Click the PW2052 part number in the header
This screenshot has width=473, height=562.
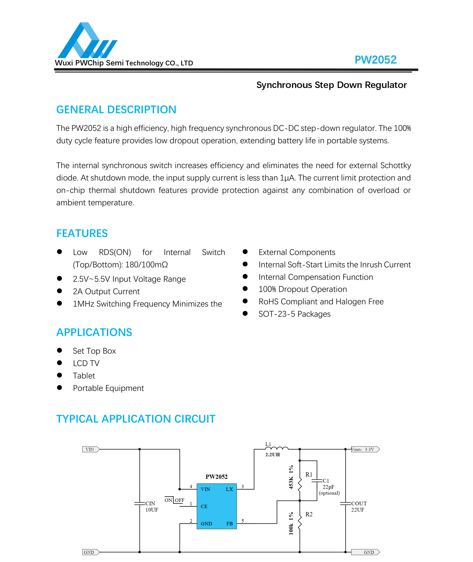click(375, 60)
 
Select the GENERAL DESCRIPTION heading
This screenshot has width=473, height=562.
click(116, 110)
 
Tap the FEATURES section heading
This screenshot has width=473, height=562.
click(82, 233)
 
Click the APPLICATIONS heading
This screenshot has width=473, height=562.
click(94, 332)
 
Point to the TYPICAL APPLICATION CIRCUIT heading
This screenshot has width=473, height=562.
click(136, 419)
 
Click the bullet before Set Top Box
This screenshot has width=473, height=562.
click(60, 351)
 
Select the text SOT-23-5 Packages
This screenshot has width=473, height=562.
click(294, 314)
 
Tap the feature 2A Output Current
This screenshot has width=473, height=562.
click(106, 292)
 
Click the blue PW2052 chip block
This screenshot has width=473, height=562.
click(217, 506)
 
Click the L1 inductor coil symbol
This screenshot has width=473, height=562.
click(277, 448)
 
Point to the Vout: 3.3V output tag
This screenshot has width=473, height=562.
click(365, 449)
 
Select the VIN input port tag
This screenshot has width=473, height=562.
click(91, 449)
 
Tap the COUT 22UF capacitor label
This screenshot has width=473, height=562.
click(359, 507)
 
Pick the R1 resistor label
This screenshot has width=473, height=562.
click(309, 475)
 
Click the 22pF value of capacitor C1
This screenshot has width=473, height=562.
click(329, 487)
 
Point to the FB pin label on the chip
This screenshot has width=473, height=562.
click(230, 524)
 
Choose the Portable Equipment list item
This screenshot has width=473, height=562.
click(108, 388)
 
